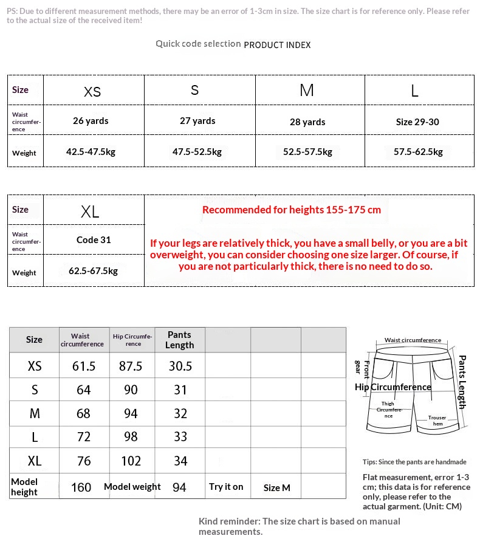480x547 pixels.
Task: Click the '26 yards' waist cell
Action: [x=91, y=121]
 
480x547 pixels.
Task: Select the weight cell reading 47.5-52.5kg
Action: [x=197, y=152]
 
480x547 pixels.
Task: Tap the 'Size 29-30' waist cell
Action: [x=417, y=122]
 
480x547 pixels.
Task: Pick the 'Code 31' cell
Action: [x=94, y=239]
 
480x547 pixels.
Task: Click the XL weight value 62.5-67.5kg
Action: [x=93, y=271]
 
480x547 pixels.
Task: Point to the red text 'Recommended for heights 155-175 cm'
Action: [x=292, y=210]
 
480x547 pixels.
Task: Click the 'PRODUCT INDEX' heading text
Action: [x=277, y=45]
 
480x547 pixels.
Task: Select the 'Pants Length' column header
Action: [x=179, y=340]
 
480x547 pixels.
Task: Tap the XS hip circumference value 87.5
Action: [x=131, y=366]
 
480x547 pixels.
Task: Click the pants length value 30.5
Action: [x=180, y=366]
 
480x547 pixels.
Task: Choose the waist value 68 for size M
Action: [x=83, y=413]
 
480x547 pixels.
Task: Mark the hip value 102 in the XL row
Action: [x=131, y=461]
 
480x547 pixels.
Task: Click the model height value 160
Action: [x=81, y=487]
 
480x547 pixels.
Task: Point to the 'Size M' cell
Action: [x=276, y=487]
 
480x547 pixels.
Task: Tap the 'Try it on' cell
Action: [x=226, y=487]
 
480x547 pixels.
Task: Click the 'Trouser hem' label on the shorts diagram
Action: [x=437, y=421]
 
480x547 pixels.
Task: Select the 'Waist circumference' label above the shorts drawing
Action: [x=413, y=340]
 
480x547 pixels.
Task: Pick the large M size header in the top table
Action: [x=307, y=91]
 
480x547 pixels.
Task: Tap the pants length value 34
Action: [x=180, y=461]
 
